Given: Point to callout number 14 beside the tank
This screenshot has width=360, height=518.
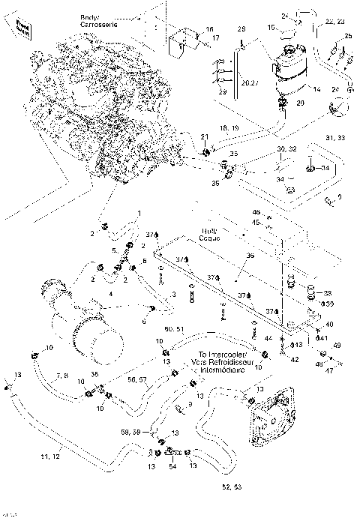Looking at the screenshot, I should pos(317,89).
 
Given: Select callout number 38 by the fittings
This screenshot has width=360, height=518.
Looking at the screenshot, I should pos(327,292).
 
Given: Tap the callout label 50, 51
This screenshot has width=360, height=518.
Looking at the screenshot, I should pos(175,328).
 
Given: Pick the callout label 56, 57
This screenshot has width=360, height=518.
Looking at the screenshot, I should pos(137,380).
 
